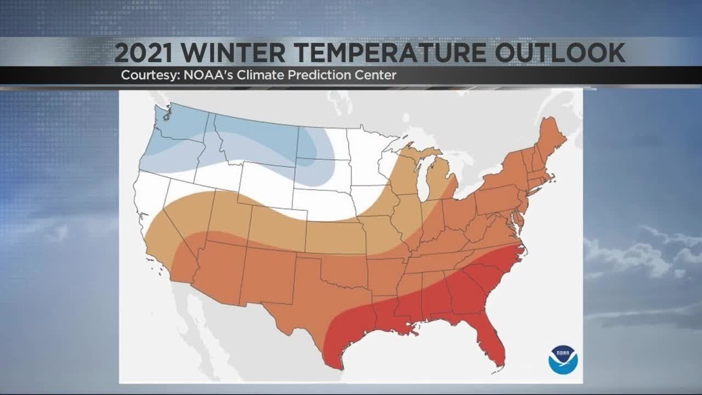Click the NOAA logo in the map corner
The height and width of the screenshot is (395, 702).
click(563, 360)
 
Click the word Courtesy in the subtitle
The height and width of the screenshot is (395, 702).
click(145, 75)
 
